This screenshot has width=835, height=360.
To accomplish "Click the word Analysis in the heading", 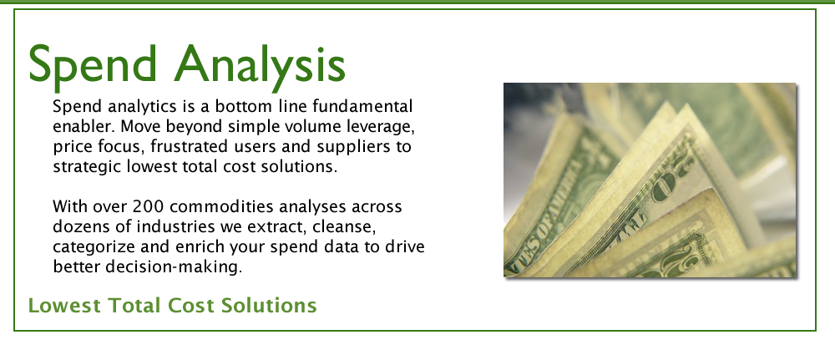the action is [x=260, y=65].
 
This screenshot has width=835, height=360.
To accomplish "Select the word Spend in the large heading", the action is [x=93, y=64].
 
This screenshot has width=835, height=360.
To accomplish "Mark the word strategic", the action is [x=88, y=167].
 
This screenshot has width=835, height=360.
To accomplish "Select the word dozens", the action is [x=79, y=226].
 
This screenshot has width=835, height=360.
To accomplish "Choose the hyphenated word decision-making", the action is [x=174, y=267].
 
